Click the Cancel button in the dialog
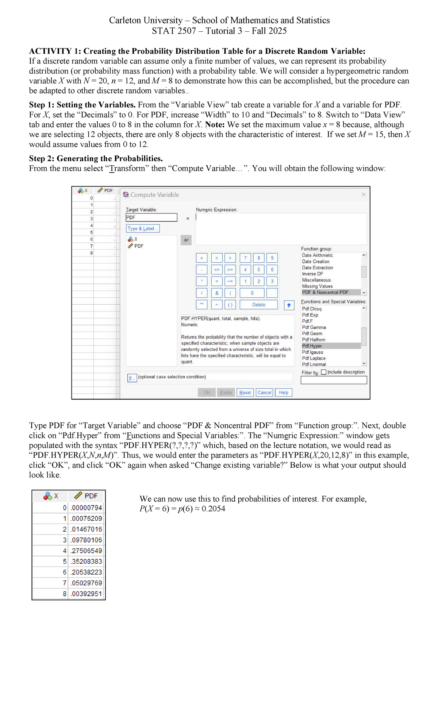pos(264,393)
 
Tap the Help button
pos(284,393)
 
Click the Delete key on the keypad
pos(259,305)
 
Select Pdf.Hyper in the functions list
pos(312,346)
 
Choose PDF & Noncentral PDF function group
pos(325,292)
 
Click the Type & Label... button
pos(143,228)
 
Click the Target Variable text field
pos(151,217)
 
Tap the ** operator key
pos(201,304)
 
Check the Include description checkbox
pos(324,372)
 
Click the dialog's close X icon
pos(364,194)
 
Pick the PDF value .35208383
pos(87,561)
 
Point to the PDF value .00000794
pos(87,508)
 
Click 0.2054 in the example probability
pos(214,509)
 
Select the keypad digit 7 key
pos(245,258)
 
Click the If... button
pos(132,378)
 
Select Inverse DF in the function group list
pos(312,274)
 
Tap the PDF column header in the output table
pos(87,496)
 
